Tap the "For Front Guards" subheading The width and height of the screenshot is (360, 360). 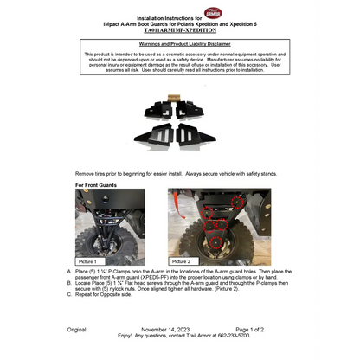96,185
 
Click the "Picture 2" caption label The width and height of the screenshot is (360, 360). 182,260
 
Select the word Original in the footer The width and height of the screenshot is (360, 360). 75,330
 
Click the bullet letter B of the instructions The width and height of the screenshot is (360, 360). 69,283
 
